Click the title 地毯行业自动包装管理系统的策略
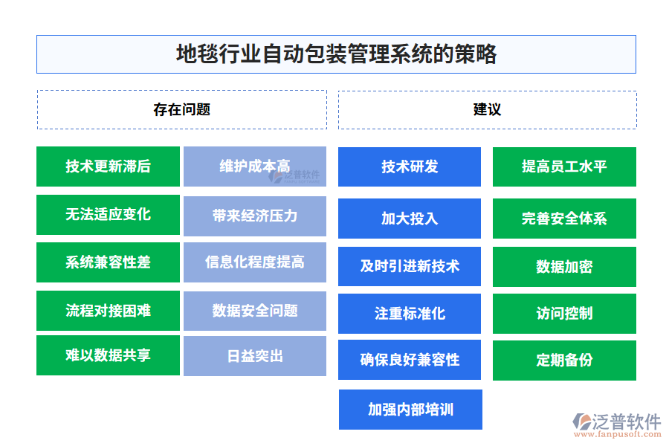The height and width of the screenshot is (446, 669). pyautogui.click(x=336, y=54)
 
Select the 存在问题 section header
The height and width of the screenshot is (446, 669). pyautogui.click(x=182, y=109)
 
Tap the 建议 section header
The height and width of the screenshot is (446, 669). pyautogui.click(x=487, y=109)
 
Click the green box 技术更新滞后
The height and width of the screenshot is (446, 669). pyautogui.click(x=108, y=167)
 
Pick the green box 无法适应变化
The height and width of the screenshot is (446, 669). pyautogui.click(x=108, y=215)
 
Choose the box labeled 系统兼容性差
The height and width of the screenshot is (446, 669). pyautogui.click(x=108, y=262)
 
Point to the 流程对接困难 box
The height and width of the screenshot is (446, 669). pyautogui.click(x=108, y=311)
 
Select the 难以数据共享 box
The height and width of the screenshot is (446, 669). pyautogui.click(x=108, y=355)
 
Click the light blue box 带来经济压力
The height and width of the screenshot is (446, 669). pyautogui.click(x=255, y=216)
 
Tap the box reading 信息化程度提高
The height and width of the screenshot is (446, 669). pyautogui.click(x=255, y=262)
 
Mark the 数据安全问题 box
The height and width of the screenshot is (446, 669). pyautogui.click(x=255, y=311)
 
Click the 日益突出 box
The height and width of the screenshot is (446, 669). pyautogui.click(x=255, y=356)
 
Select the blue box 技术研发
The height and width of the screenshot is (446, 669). pyautogui.click(x=410, y=167)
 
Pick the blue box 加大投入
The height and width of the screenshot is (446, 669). pyautogui.click(x=410, y=219)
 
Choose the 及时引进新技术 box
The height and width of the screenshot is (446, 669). pyautogui.click(x=410, y=266)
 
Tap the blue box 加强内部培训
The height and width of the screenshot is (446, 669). pyautogui.click(x=410, y=410)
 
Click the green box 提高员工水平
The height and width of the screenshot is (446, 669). pyautogui.click(x=564, y=167)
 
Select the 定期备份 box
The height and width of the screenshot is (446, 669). pyautogui.click(x=564, y=361)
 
